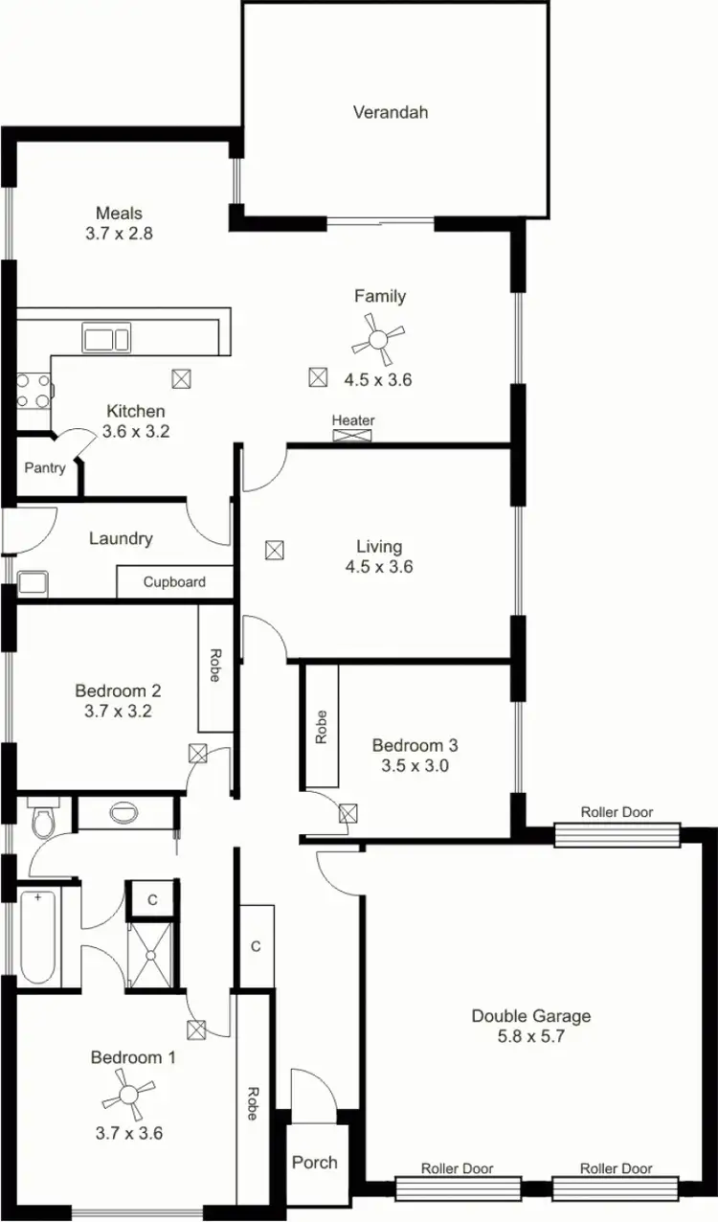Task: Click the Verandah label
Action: (x=390, y=112)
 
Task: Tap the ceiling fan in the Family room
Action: (x=378, y=340)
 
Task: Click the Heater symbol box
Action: (x=353, y=436)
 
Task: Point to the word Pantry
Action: (x=46, y=468)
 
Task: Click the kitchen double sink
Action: (x=106, y=339)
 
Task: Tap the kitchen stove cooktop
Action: (x=34, y=391)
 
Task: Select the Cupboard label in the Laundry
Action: (x=174, y=581)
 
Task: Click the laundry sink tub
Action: (x=33, y=582)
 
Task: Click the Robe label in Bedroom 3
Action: (x=321, y=727)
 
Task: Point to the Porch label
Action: (x=314, y=1162)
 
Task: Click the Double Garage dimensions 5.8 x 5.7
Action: (x=530, y=1035)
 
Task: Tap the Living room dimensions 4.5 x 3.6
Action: (x=378, y=566)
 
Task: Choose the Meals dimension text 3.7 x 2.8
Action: (x=119, y=233)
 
